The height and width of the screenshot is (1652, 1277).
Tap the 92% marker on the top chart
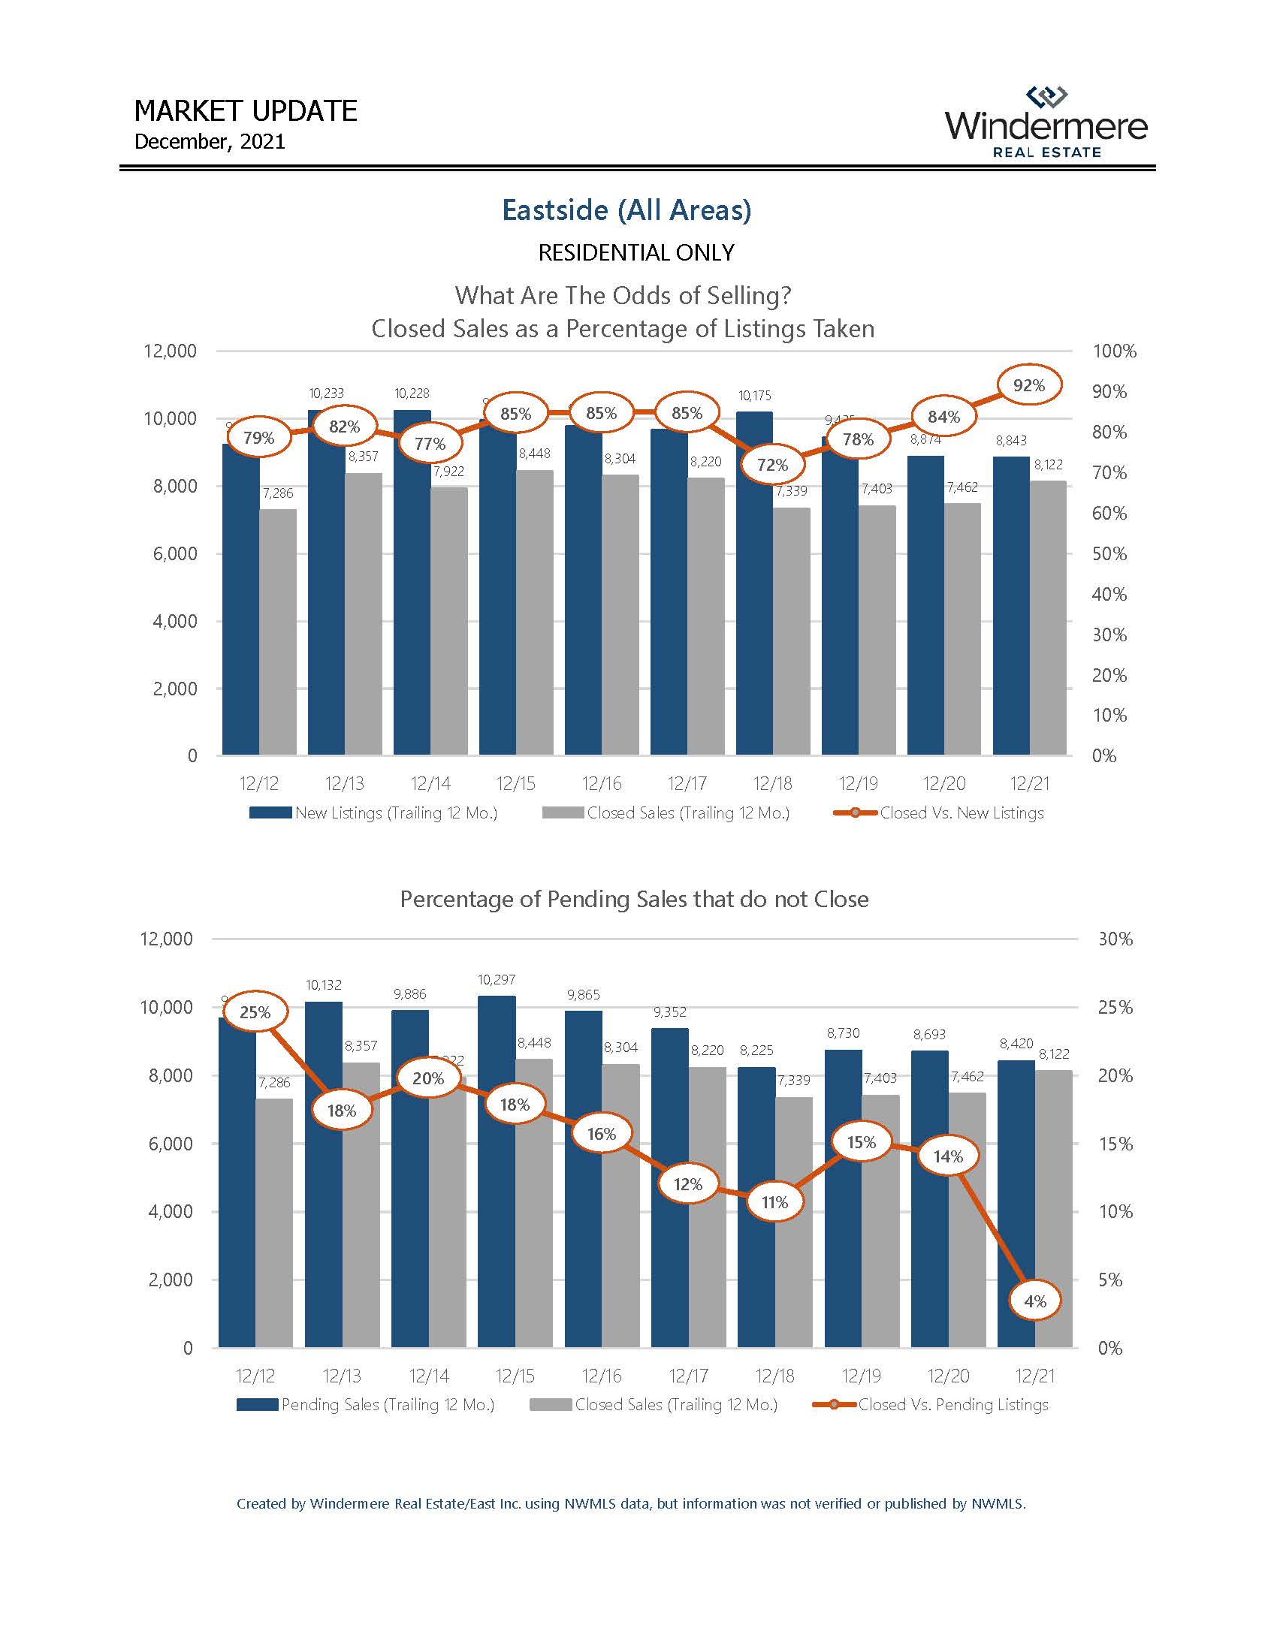1029,386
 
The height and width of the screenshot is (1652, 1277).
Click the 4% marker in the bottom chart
1035,1301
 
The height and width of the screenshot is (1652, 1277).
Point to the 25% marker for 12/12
255,1012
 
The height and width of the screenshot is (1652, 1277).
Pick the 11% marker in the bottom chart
774,1202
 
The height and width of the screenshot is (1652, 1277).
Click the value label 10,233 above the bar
326,393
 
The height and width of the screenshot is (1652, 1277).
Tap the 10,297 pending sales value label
497,979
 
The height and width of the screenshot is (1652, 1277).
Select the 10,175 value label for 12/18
754,395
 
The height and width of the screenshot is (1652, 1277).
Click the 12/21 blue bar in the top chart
1010,605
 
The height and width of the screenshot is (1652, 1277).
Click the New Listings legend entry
374,813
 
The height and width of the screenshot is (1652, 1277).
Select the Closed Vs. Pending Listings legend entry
931,1405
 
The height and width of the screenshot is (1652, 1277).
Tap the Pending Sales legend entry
365,1405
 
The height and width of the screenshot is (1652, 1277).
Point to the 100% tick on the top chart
1114,351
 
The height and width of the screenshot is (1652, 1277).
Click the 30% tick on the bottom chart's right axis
1115,939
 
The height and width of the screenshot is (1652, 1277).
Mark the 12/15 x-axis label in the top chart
515,784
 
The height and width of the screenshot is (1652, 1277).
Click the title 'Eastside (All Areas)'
626,210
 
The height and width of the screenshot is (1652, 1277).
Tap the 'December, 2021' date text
210,141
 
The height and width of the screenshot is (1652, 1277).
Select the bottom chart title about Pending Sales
634,899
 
